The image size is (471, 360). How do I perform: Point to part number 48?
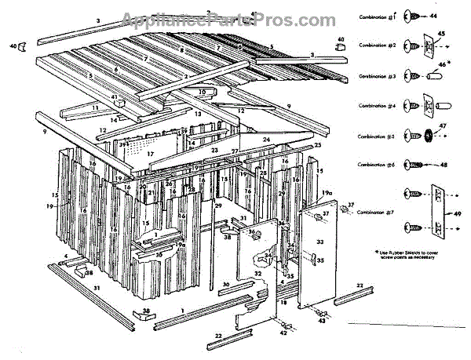point(444,165)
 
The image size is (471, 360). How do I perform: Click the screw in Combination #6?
point(414,165)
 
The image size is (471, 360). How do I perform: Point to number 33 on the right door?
point(319,243)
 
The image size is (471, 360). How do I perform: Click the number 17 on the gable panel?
point(150,155)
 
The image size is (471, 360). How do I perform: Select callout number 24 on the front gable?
point(266,140)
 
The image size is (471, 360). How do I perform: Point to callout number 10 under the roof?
point(202,92)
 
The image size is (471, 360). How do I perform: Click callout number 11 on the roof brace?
point(95,107)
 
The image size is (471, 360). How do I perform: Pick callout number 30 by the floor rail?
point(225,284)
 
